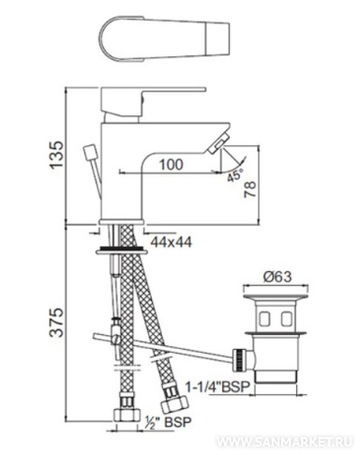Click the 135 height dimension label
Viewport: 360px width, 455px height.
click(x=57, y=155)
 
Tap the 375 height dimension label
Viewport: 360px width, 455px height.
click(x=57, y=323)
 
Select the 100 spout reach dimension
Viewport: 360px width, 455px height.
click(x=172, y=164)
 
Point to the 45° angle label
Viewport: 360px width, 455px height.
click(x=235, y=175)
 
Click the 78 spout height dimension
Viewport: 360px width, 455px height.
click(x=250, y=189)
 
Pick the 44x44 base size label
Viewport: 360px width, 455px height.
click(x=172, y=242)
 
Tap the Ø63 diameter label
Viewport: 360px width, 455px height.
click(x=277, y=277)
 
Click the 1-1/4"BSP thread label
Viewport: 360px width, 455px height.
click(x=218, y=387)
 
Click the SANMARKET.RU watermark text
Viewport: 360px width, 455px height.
click(x=285, y=442)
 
